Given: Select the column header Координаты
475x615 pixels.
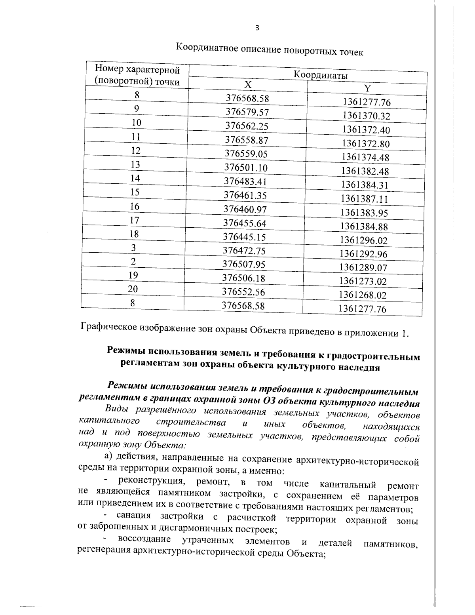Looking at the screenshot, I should pyautogui.click(x=321, y=75).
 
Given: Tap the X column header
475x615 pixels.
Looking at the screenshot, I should pyautogui.click(x=247, y=85).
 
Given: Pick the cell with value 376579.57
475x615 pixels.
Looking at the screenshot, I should pyautogui.click(x=247, y=112).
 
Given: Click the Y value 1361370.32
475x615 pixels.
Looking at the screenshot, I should pyautogui.click(x=366, y=116).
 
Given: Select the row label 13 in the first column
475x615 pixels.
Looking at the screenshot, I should pyautogui.click(x=135, y=164).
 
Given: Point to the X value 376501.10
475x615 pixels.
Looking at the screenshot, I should pyautogui.click(x=246, y=168).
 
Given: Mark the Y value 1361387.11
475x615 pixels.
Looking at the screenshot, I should pyautogui.click(x=365, y=199).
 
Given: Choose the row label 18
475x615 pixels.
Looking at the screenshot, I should pyautogui.click(x=134, y=234).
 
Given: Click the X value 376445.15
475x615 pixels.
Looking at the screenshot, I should pyautogui.click(x=244, y=237).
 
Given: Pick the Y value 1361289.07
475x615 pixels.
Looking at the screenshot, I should pyautogui.click(x=363, y=268).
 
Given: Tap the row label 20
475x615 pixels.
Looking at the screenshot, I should pyautogui.click(x=133, y=289).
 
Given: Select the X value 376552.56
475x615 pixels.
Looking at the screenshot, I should pyautogui.click(x=243, y=292).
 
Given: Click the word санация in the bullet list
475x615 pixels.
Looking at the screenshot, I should pyautogui.click(x=133, y=516).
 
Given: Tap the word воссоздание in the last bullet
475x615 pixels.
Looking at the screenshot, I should pyautogui.click(x=144, y=540).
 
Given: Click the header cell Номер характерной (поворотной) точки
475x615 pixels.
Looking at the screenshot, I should pyautogui.click(x=137, y=76).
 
